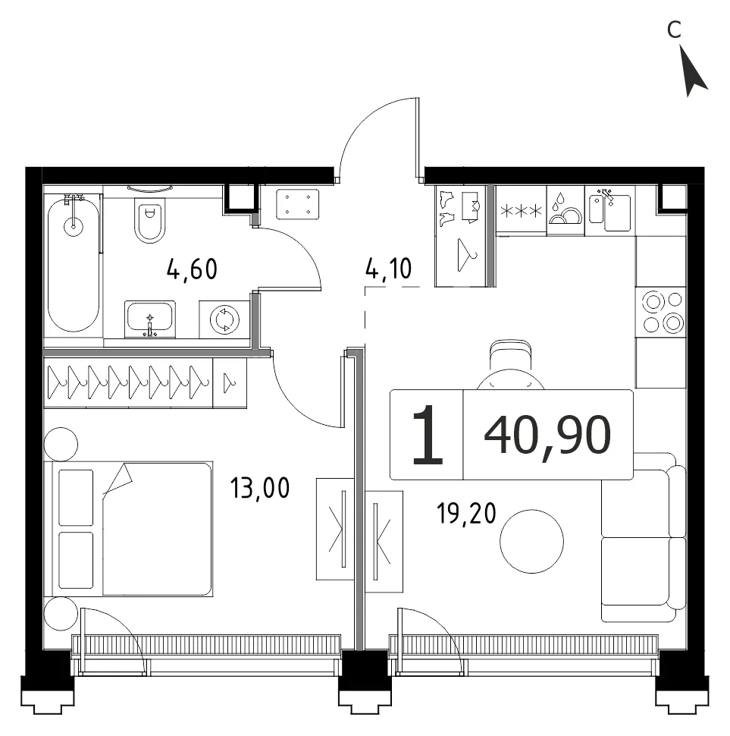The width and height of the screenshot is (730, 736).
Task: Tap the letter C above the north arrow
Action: point(674,30)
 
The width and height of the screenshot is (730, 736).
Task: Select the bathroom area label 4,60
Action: point(192,269)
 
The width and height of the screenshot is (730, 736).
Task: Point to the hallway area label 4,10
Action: point(388,269)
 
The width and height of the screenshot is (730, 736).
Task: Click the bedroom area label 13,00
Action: point(260,488)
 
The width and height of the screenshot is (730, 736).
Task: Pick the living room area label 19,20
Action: point(466,513)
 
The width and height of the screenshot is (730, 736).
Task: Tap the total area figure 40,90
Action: point(547,435)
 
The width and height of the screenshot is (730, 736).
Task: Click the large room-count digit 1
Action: point(428,435)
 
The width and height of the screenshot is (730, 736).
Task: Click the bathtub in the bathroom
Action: point(74,264)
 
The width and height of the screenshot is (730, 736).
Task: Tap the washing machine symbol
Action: point(224,319)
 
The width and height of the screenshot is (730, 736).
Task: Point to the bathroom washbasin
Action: point(150,319)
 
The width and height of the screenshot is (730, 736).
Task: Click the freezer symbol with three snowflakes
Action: point(522,211)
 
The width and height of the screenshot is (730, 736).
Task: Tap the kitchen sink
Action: point(610,211)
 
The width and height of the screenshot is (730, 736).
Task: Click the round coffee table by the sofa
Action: point(531,541)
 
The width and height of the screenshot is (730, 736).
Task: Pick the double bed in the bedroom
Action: point(128,529)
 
